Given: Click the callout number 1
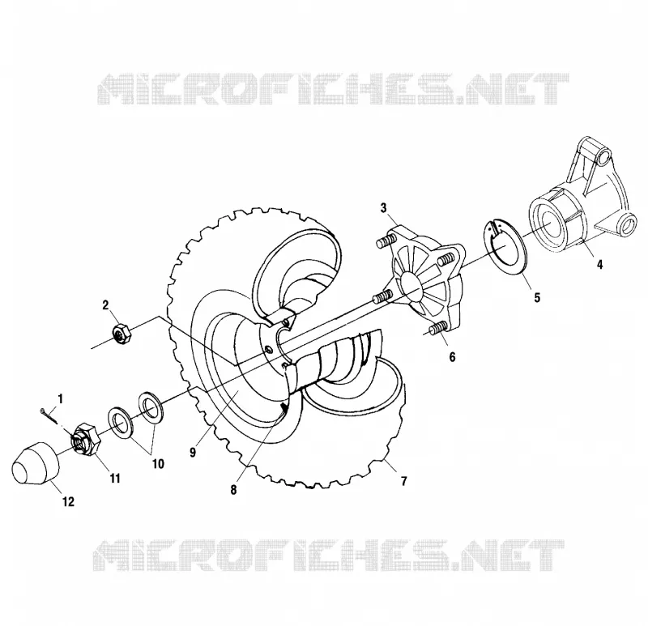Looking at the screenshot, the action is pos(61,399).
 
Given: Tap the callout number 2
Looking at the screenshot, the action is pos(105,305).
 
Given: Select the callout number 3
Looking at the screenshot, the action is pos(383,208).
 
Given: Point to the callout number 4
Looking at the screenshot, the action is pos(599,264).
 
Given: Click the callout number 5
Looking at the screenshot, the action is pos(537,297).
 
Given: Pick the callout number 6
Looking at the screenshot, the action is pos(452,357).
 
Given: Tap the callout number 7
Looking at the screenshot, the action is pos(403,481).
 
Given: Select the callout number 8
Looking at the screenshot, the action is pos(234,490).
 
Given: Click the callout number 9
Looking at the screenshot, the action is pos(193,453).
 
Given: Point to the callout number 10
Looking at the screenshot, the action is pos(158,464).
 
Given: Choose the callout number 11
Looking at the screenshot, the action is pos(114,479).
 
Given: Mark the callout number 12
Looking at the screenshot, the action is pos(68,501).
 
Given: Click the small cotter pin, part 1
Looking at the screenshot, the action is pos(49,415).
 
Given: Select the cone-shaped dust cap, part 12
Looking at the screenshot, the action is pos(36,462).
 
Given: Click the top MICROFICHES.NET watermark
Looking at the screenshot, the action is pos(333,88).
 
